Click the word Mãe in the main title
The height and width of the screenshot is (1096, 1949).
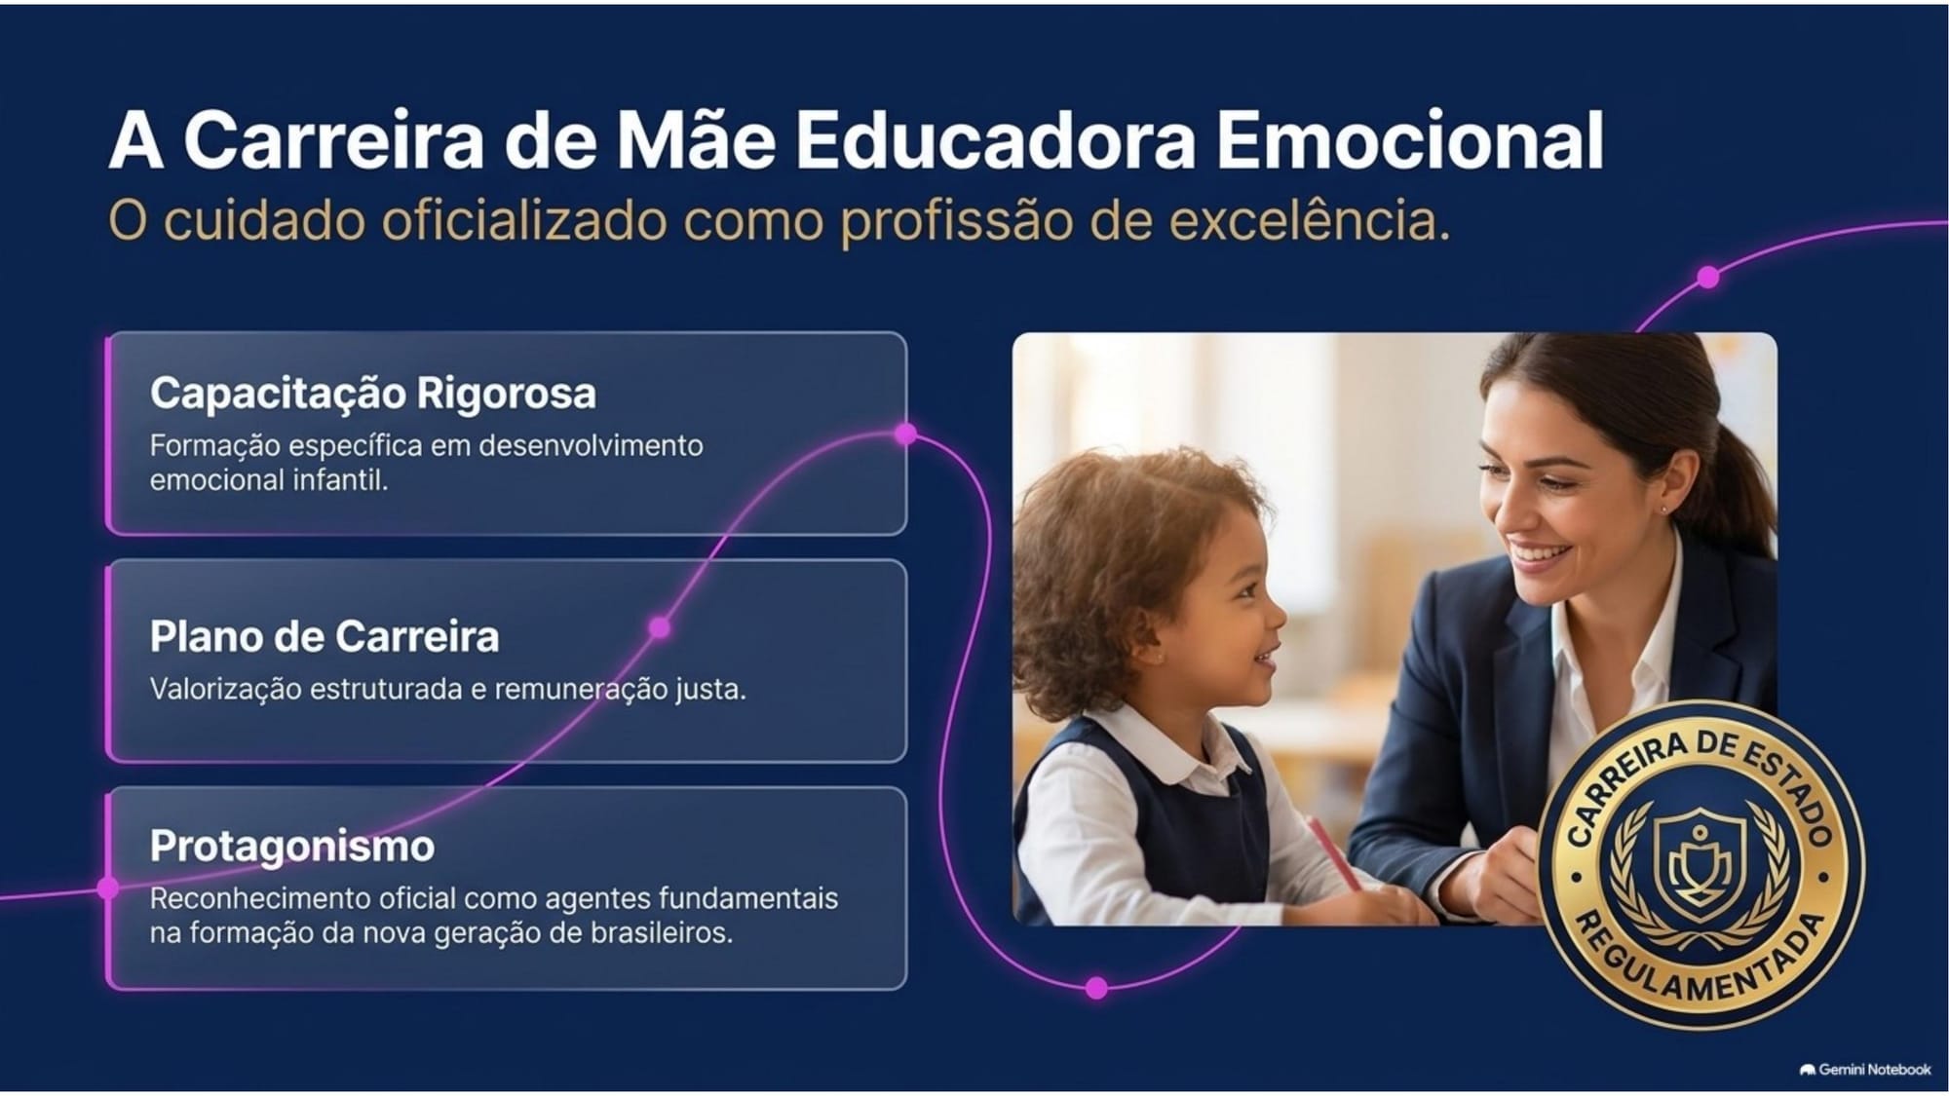(696, 140)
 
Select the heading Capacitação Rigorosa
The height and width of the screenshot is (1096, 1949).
(372, 394)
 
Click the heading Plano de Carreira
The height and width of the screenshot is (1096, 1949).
(325, 637)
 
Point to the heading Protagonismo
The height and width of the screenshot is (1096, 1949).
(292, 847)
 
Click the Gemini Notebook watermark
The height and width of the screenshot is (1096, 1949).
(1865, 1070)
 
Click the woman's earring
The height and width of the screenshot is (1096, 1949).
(1662, 509)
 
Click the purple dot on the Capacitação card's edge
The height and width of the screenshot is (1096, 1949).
(905, 434)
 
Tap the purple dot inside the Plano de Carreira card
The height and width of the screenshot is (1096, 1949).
(660, 627)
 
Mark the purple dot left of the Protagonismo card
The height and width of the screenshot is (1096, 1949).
(108, 888)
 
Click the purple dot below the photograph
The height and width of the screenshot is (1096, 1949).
(1096, 988)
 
